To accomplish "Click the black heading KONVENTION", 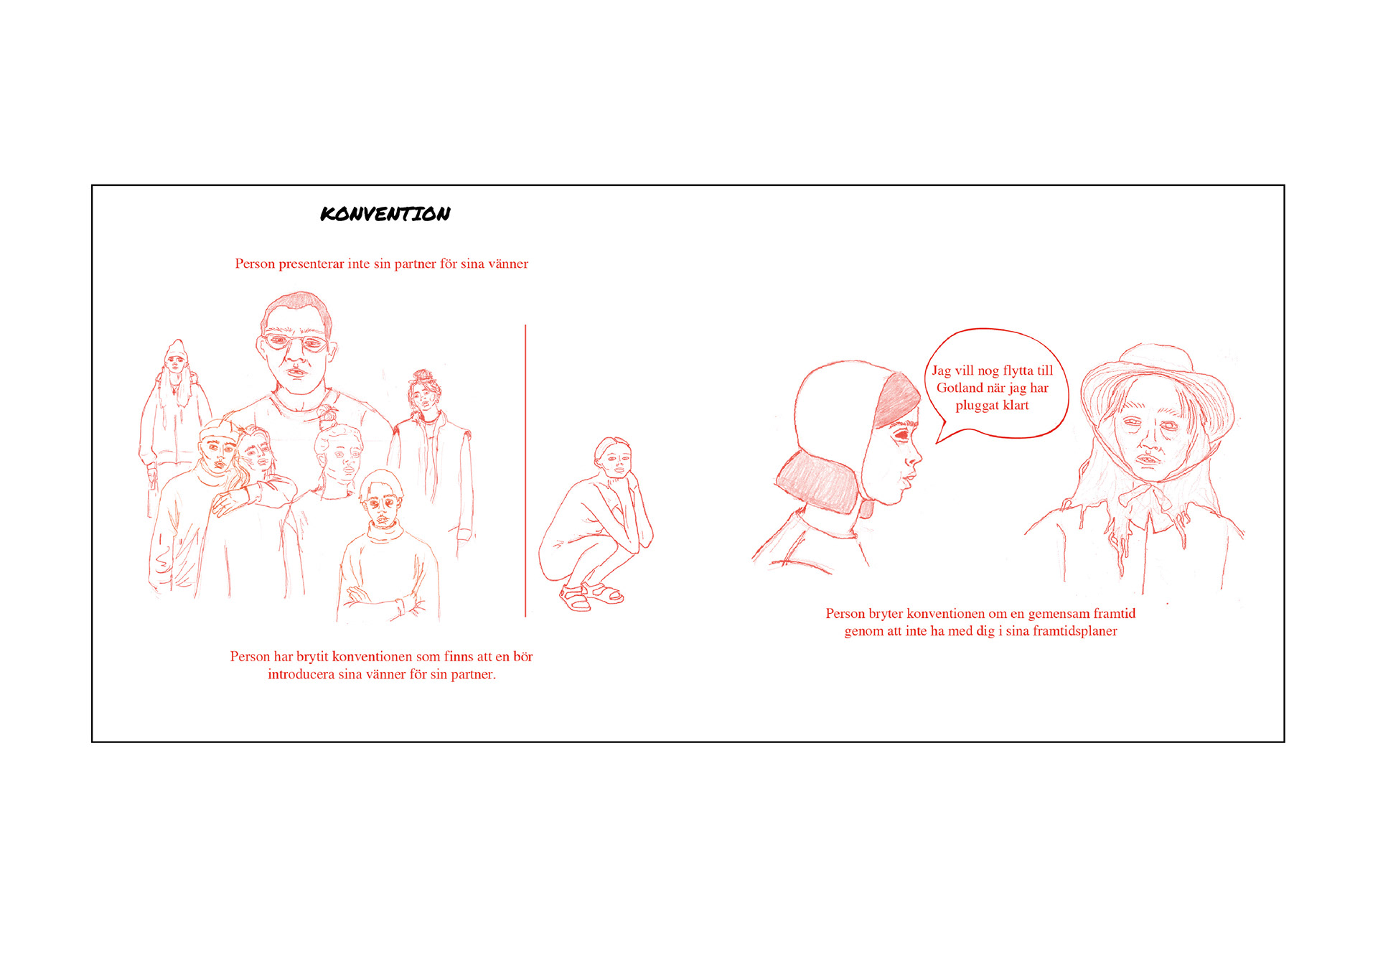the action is pos(385,213).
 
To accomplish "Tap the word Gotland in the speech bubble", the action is pos(960,388).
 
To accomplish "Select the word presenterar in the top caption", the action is pos(311,264).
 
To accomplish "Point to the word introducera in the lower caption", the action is pos(301,674).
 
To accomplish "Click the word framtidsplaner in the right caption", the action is pos(1075,631).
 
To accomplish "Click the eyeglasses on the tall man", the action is pos(295,342).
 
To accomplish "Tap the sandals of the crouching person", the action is pos(590,596).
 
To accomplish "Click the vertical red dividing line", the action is pos(525,471).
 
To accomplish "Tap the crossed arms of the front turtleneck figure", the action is pos(380,600).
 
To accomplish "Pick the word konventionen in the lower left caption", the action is pos(372,656).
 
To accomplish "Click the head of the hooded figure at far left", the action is pos(176,356).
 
